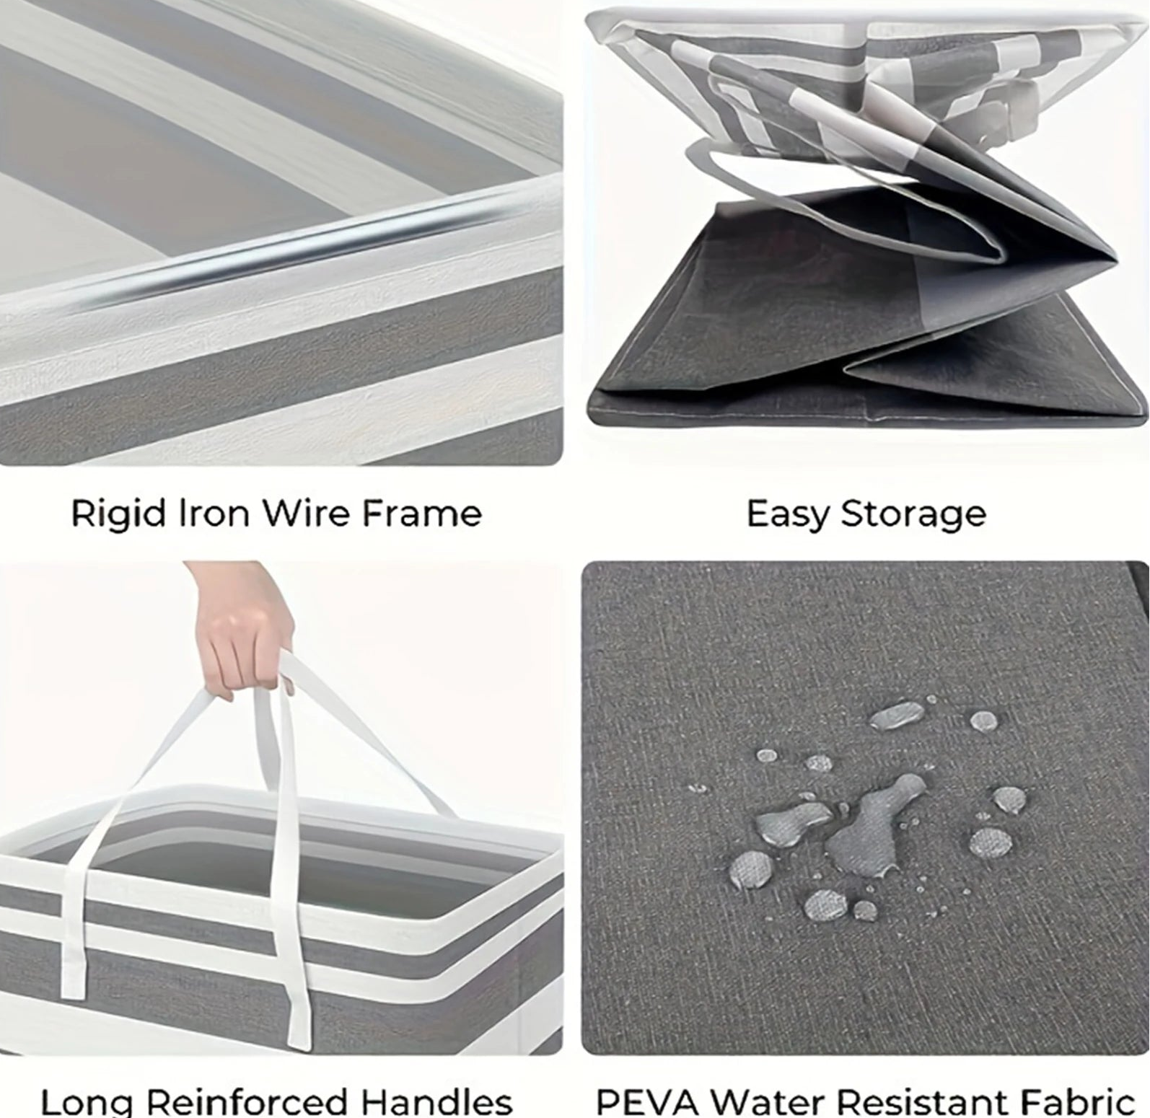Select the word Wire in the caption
coord(306,514)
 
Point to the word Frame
coord(421,514)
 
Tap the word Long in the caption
coord(87,1102)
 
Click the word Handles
coord(436,1102)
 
